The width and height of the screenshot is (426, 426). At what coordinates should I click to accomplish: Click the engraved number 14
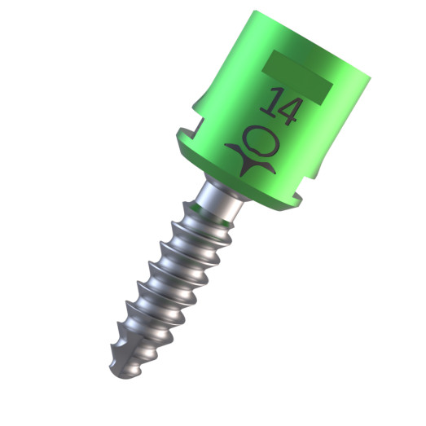(x=277, y=105)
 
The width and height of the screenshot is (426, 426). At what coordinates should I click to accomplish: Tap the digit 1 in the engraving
(x=266, y=101)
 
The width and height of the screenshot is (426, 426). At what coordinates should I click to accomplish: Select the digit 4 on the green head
(x=286, y=109)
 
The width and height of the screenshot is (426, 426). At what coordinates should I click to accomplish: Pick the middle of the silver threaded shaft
(x=167, y=285)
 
